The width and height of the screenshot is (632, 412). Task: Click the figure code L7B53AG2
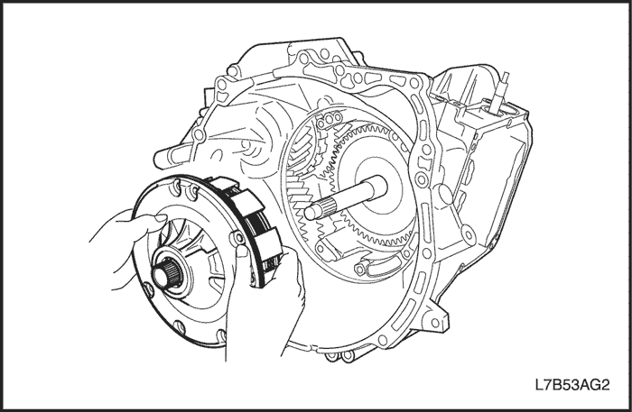572,385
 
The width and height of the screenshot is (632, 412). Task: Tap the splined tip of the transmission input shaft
320,211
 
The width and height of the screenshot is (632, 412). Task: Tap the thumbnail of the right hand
242,251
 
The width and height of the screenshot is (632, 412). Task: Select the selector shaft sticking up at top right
501,93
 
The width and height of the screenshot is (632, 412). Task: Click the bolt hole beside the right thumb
236,238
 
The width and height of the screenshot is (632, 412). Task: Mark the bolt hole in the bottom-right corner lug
434,322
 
